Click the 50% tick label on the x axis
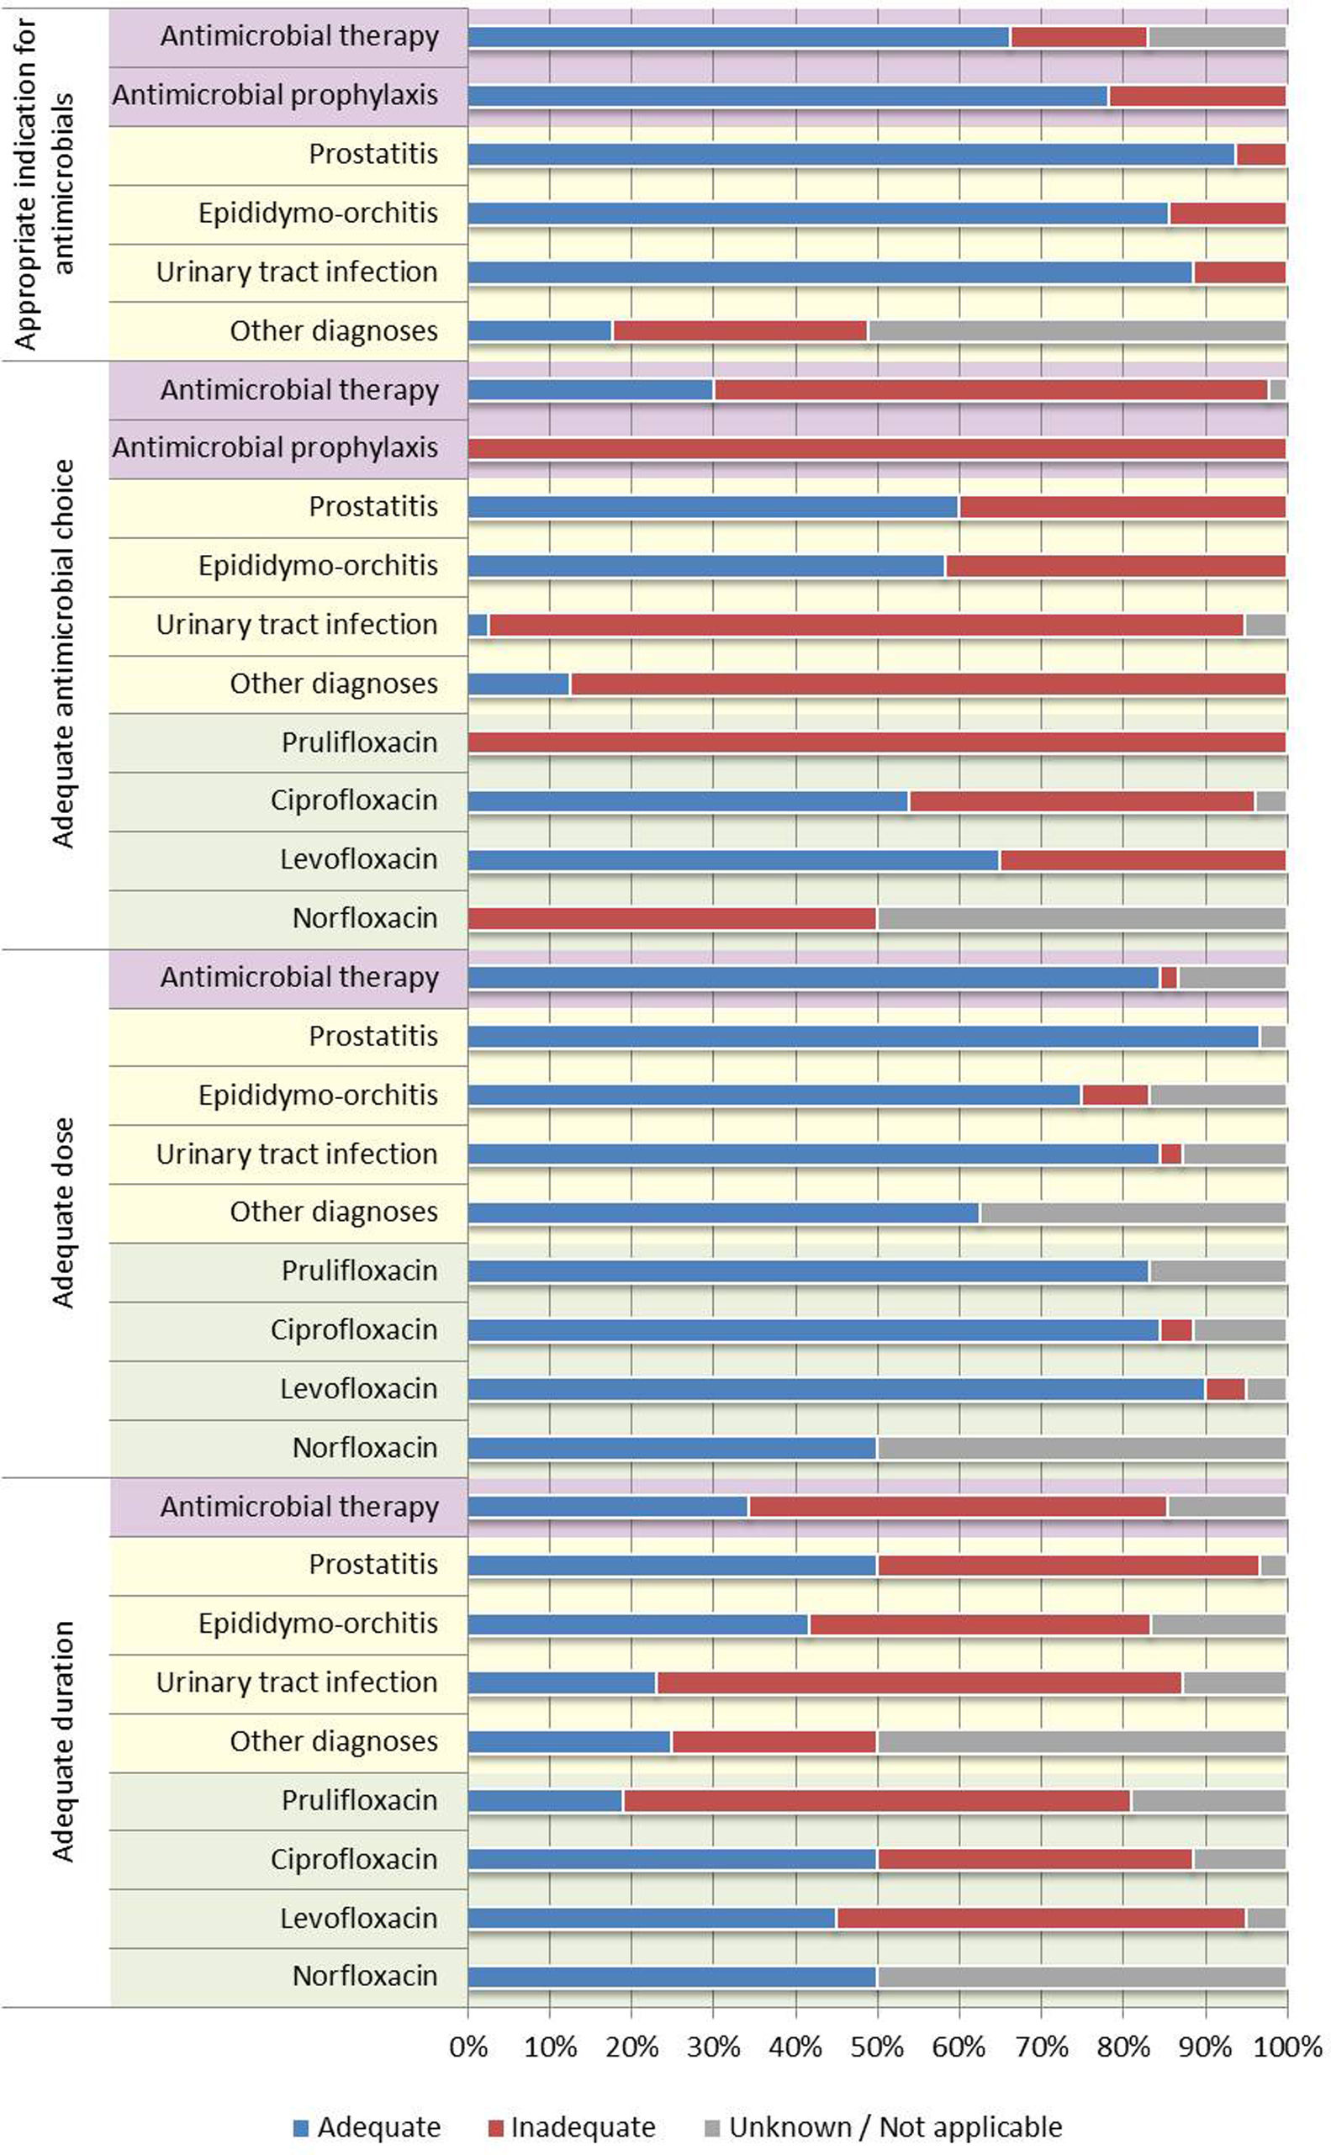click(x=877, y=2047)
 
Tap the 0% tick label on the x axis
click(x=468, y=2047)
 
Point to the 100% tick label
click(x=1287, y=2047)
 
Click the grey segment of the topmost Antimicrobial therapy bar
click(x=1217, y=37)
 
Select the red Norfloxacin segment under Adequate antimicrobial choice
click(x=673, y=918)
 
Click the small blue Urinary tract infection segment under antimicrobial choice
click(x=478, y=625)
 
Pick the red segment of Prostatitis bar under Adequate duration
click(x=1069, y=1566)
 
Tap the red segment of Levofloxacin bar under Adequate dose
click(x=1225, y=1389)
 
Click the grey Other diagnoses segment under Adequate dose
click(x=1133, y=1212)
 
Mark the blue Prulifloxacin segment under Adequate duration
click(x=546, y=1800)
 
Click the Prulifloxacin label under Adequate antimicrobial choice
click(x=359, y=742)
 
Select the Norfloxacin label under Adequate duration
click(x=364, y=1976)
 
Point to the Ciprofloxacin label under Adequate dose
click(x=354, y=1329)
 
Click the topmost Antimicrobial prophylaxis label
click(x=275, y=95)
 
